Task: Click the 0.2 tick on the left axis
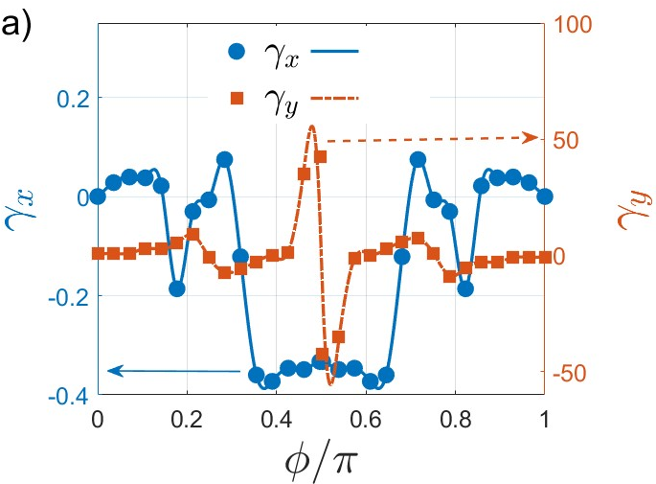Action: [73, 101]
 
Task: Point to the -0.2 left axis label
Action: [68, 298]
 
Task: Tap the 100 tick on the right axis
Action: [574, 25]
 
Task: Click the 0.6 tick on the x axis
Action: [366, 420]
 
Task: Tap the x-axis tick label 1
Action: [544, 420]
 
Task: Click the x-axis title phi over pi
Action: [321, 462]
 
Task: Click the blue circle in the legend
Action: [237, 52]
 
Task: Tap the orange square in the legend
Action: [237, 99]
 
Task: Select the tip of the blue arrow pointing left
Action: [108, 371]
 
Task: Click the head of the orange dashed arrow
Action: [538, 137]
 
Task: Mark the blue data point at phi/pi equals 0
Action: [98, 196]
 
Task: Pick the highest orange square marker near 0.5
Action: [320, 157]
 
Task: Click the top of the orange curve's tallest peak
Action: [311, 126]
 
